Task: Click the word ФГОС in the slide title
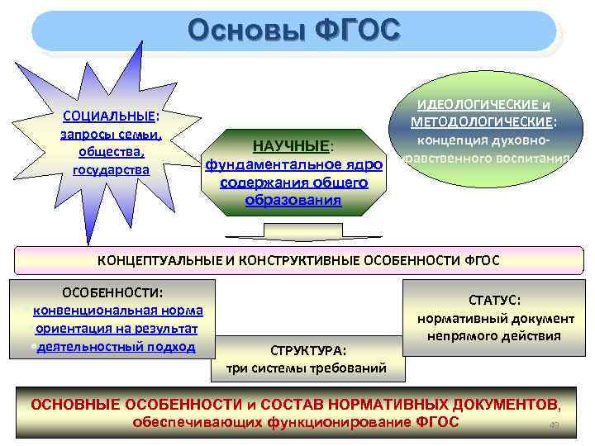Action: point(357,31)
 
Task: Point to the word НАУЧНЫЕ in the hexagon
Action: point(291,146)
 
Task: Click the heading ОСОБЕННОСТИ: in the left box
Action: point(113,292)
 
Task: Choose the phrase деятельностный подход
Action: point(116,346)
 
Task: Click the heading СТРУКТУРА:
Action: point(307,349)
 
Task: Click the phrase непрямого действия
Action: point(494,335)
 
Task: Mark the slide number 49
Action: point(555,426)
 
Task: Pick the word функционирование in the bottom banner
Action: point(341,423)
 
